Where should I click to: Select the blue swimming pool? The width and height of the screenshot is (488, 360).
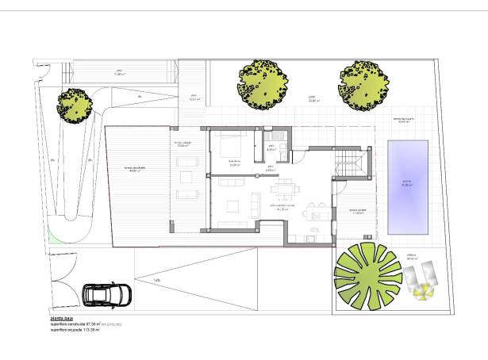[408, 186]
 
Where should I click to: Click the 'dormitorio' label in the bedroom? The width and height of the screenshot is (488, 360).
[234, 162]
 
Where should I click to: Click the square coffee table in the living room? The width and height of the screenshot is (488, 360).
[234, 207]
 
